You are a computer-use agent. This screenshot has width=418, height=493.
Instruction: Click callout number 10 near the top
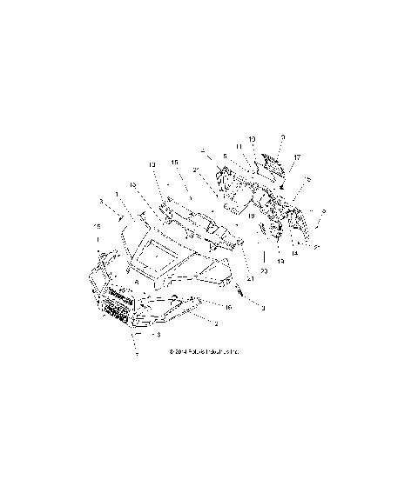(x=252, y=139)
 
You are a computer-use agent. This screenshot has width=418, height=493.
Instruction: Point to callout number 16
(x=228, y=307)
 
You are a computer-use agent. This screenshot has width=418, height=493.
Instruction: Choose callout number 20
(x=265, y=272)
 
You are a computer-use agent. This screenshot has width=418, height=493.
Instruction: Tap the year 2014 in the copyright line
(x=175, y=352)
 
